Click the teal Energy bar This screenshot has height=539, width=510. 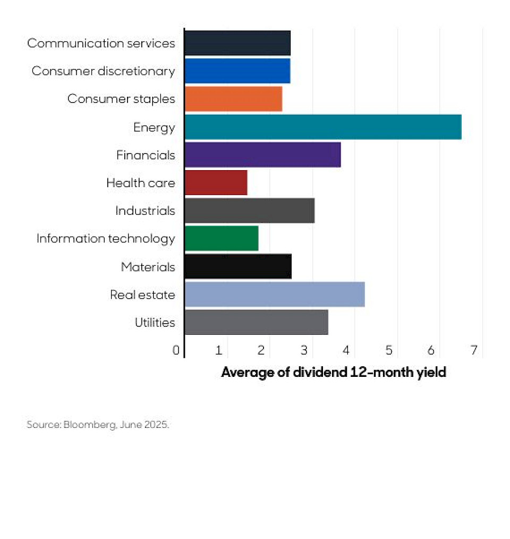[x=322, y=127]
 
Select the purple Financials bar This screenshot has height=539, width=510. [x=262, y=155]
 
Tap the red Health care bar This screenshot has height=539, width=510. [x=216, y=183]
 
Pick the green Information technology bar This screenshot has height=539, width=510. [x=221, y=238]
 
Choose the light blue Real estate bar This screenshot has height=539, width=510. [x=274, y=294]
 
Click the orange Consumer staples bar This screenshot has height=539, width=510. [x=233, y=99]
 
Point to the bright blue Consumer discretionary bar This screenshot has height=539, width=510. [x=237, y=71]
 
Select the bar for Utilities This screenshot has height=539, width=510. [x=256, y=322]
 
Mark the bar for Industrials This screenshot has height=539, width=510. [x=249, y=210]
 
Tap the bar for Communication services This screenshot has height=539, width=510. [x=237, y=43]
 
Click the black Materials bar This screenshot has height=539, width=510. [x=237, y=266]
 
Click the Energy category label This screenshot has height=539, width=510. [x=154, y=127]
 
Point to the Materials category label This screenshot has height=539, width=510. [x=148, y=266]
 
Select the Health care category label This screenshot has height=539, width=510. [x=140, y=183]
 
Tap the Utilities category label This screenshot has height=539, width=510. [x=155, y=322]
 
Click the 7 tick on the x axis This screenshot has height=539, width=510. [x=473, y=350]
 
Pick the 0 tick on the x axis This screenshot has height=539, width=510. [x=176, y=350]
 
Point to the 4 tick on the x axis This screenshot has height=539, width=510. [x=346, y=350]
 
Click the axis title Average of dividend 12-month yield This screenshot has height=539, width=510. [x=333, y=372]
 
